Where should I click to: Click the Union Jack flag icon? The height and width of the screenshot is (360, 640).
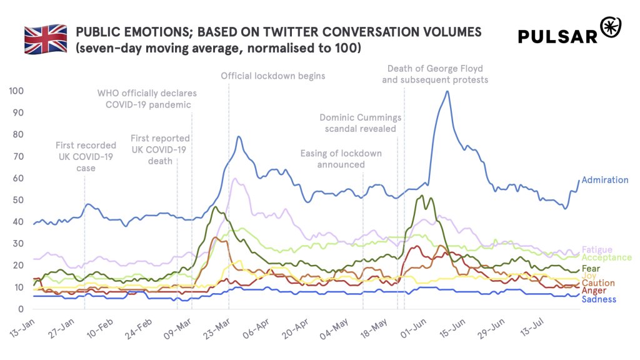[45, 39]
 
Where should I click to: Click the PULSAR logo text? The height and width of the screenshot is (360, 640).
[558, 37]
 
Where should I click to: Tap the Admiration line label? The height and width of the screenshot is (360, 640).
[604, 180]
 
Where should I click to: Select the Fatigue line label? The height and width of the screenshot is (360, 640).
[596, 250]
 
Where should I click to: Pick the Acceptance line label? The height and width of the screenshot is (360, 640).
[606, 257]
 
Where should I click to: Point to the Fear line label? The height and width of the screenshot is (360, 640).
[591, 269]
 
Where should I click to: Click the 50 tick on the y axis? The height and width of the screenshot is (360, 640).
[18, 200]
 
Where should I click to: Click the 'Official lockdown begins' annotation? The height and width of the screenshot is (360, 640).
[273, 76]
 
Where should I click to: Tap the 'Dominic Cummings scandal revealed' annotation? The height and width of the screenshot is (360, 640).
[360, 123]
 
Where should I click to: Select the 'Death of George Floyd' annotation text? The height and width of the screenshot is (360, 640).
[435, 69]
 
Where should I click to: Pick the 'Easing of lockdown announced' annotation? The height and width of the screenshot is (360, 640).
[341, 159]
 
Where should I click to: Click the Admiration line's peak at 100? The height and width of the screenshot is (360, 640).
[447, 91]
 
